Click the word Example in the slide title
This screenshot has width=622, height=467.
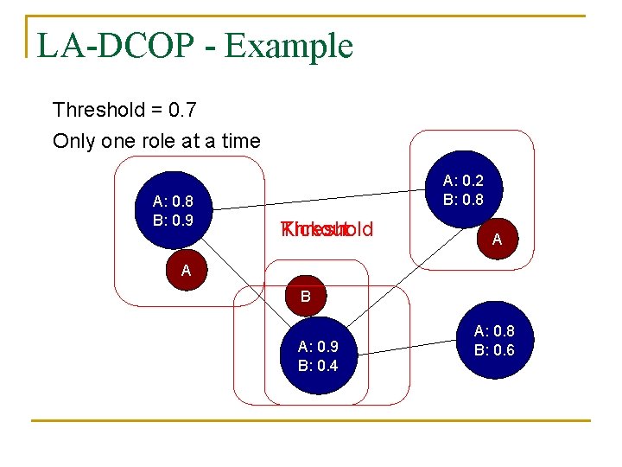[x=289, y=46]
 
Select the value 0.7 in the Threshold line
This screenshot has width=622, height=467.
[x=184, y=111]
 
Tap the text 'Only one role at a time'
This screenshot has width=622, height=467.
[x=156, y=141]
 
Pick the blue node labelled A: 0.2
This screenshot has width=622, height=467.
[x=462, y=191]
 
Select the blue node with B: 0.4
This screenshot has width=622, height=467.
[x=317, y=355]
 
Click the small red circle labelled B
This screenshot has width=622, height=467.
[x=305, y=297]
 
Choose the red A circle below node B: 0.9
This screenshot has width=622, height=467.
[x=186, y=270]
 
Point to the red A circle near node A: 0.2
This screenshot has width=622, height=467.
[x=497, y=240]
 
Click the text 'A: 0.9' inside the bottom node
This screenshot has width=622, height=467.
[x=317, y=347]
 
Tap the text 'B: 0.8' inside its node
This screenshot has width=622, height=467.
[x=463, y=200]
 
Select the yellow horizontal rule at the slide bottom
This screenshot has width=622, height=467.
[x=310, y=421]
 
